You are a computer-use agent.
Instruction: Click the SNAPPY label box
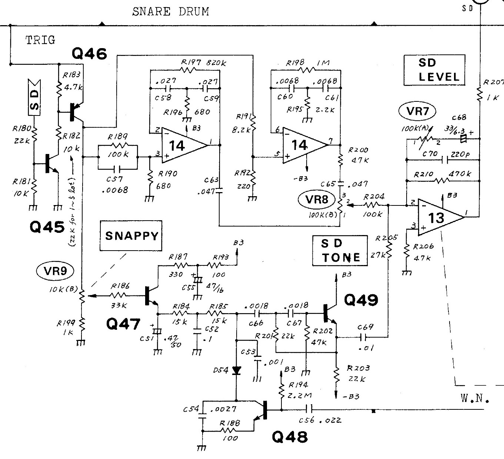pyautogui.click(x=131, y=236)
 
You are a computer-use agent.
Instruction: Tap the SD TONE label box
pyautogui.click(x=340, y=251)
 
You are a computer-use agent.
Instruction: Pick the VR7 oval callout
pyautogui.click(x=417, y=111)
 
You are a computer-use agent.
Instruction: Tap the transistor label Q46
pyautogui.click(x=89, y=54)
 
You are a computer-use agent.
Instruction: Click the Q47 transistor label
pyautogui.click(x=123, y=324)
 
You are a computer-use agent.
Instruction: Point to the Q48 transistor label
pyautogui.click(x=290, y=438)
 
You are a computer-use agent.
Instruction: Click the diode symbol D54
pyautogui.click(x=236, y=370)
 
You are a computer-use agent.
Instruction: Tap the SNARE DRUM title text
pyautogui.click(x=170, y=12)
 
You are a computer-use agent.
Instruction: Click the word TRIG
pyautogui.click(x=40, y=40)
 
